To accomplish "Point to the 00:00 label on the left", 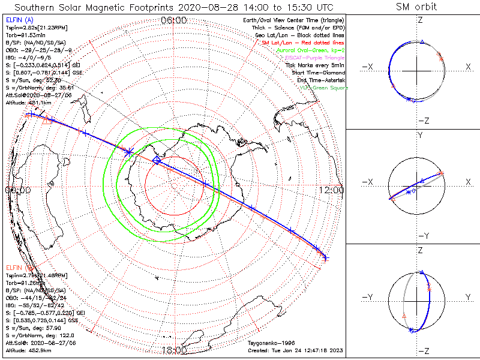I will [17, 190].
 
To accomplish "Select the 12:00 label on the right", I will [332, 190].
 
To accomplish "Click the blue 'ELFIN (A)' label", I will [19, 21].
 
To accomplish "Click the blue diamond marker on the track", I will [157, 160].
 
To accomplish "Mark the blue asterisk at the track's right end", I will [325, 259].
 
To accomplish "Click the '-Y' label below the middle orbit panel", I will [419, 235].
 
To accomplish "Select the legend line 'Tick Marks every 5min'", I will [316, 65].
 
